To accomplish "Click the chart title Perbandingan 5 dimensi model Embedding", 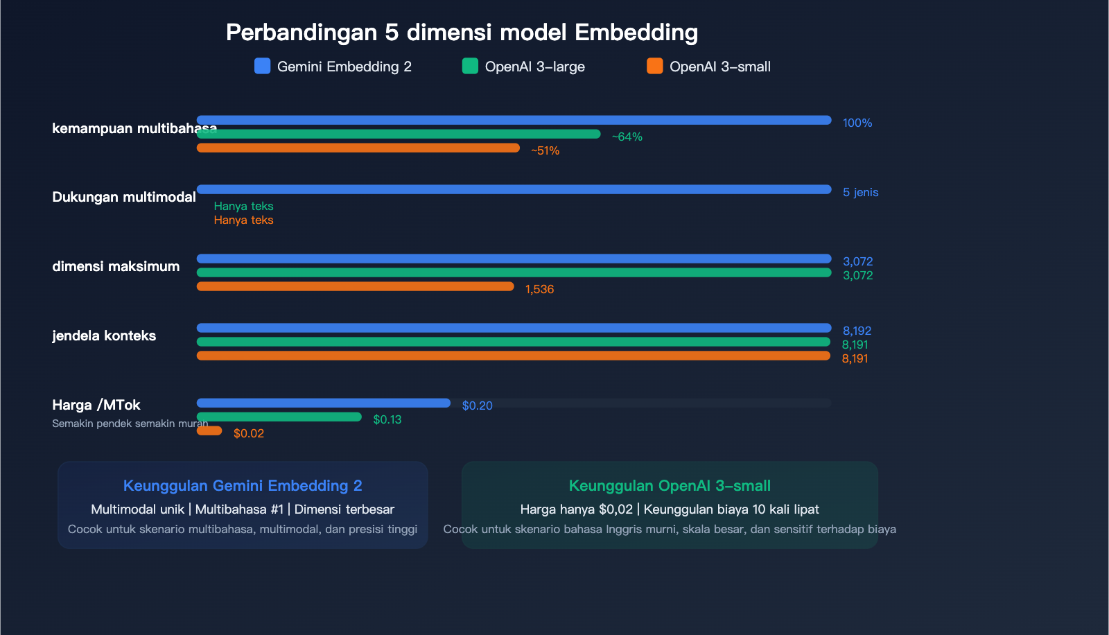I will coord(462,33).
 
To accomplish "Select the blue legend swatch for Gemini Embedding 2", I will coord(262,66).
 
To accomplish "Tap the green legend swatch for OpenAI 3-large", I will coord(470,66).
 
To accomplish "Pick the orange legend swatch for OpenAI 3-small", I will coord(654,66).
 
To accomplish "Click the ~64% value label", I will coord(627,137).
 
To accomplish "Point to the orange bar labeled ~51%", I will coord(358,148).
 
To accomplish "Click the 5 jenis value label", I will coord(860,192).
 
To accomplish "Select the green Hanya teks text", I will coord(243,206).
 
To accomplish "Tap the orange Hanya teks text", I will coord(243,220).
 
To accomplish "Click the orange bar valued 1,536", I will coord(355,286).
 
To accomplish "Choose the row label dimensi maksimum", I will coord(116,266).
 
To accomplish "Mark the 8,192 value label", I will coord(857,331).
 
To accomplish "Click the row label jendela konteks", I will coord(104,336).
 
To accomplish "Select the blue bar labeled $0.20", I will coord(323,403).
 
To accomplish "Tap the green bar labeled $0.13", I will coord(279,417).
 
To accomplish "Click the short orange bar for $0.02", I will coord(209,430).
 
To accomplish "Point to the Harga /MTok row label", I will coord(96,405).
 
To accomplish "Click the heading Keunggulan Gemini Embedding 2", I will coord(243,485).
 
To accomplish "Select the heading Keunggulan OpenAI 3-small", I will coord(670,485).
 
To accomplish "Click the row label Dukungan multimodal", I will coord(124,197).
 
